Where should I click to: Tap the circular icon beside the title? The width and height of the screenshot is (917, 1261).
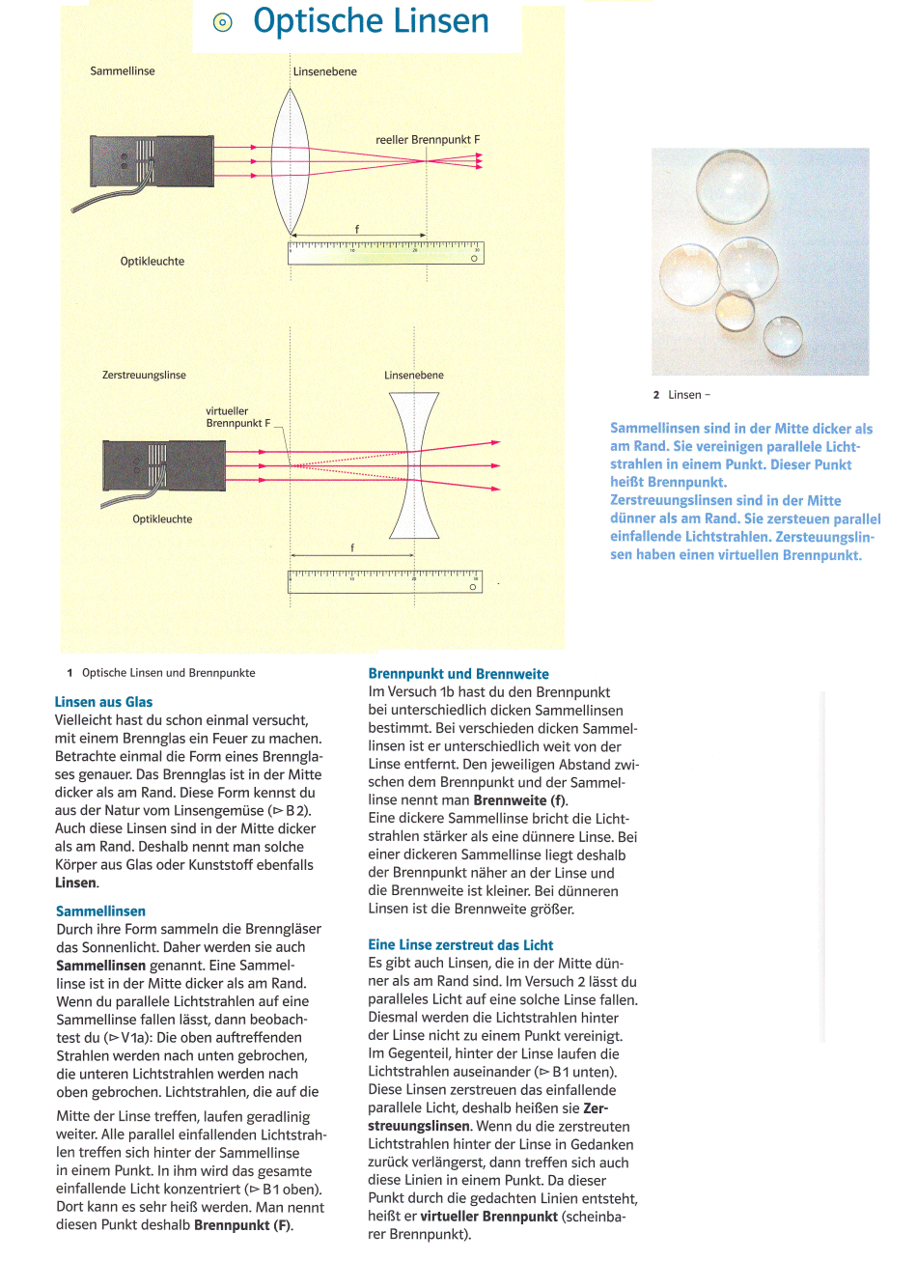[x=223, y=22]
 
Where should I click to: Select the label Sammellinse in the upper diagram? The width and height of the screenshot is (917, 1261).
[x=123, y=70]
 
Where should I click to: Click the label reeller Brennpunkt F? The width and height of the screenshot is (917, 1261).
[x=427, y=139]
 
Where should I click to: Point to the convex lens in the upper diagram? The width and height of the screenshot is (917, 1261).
[x=290, y=159]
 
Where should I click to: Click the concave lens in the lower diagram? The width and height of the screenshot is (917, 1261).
[x=414, y=464]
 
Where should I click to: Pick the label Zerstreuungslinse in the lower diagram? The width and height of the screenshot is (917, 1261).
[x=144, y=375]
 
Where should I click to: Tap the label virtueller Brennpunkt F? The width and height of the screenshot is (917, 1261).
[x=237, y=417]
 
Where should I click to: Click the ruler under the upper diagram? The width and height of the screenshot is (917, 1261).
[x=386, y=253]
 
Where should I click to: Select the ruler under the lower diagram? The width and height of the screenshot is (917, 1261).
[x=385, y=581]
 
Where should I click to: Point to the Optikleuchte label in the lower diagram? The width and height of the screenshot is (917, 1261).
[x=162, y=518]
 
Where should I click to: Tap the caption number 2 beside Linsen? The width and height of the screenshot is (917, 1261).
[x=656, y=394]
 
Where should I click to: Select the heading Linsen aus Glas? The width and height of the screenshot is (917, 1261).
[x=103, y=702]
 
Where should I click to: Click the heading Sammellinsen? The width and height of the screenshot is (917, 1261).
[x=100, y=911]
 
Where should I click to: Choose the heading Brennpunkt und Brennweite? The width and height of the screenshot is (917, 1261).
[x=458, y=674]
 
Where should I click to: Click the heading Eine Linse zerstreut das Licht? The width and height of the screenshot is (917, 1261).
[x=460, y=944]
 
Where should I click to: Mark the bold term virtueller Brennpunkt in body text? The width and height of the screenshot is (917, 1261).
[x=488, y=1217]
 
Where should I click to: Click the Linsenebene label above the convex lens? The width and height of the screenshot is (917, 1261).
[x=325, y=71]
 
